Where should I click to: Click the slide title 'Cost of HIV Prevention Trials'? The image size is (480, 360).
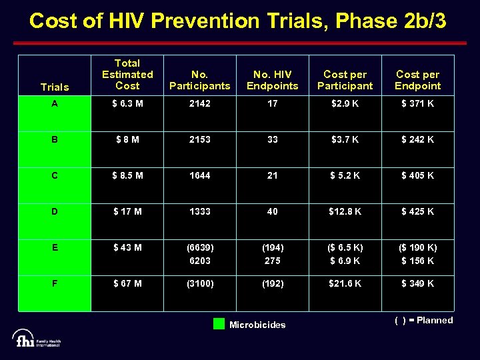238,21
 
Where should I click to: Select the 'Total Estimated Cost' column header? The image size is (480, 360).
127,75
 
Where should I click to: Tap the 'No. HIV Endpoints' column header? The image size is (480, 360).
272,80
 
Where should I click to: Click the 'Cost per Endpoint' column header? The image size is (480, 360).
417,80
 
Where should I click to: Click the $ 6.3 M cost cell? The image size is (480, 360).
127,104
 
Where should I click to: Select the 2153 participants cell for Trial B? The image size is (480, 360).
199,139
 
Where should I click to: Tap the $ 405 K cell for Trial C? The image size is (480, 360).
417,175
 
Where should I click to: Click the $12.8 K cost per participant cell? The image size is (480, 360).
345,211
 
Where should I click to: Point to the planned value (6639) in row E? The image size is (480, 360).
199,247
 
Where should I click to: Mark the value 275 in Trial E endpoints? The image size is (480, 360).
272,261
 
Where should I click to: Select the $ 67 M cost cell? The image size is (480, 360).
127,283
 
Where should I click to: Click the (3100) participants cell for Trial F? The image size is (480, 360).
199,283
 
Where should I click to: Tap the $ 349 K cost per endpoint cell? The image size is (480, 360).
417,283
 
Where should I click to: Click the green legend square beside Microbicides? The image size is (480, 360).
219,325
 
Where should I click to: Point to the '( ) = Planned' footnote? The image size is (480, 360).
423,321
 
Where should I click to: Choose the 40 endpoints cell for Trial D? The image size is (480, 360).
272,211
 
